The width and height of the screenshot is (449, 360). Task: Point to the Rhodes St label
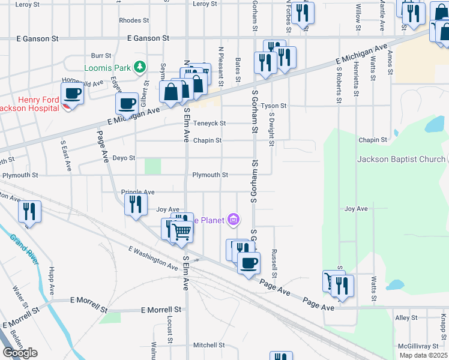tap(130, 20)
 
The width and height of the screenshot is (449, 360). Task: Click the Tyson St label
tap(274, 106)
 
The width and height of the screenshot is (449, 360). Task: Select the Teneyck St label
tap(209, 123)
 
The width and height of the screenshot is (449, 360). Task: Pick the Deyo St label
tap(124, 158)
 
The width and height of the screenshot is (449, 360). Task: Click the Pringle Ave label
tap(138, 192)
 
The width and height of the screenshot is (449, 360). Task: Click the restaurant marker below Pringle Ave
tap(136, 204)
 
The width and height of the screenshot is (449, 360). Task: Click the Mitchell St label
tap(208, 345)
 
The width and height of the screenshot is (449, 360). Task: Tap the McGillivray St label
tap(420, 346)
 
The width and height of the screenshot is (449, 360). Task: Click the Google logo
tap(20, 353)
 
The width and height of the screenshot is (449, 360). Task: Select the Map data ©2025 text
tap(423, 355)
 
